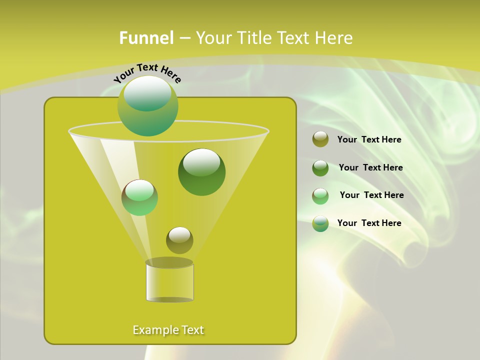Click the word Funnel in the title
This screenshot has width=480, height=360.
pyautogui.click(x=146, y=38)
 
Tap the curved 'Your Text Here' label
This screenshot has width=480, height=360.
pyautogui.click(x=147, y=72)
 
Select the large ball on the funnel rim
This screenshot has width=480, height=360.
pyautogui.click(x=148, y=105)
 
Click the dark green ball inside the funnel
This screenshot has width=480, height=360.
pyautogui.click(x=201, y=172)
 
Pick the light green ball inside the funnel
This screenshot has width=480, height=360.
pyautogui.click(x=139, y=197)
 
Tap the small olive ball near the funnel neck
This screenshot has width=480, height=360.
pyautogui.click(x=179, y=240)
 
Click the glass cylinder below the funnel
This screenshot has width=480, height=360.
pyautogui.click(x=169, y=281)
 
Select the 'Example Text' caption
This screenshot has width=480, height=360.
pyautogui.click(x=168, y=330)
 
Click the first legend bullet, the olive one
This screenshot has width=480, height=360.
pyautogui.click(x=320, y=139)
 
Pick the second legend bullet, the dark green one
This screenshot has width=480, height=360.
pyautogui.click(x=320, y=167)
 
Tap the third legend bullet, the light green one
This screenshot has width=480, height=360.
pyautogui.click(x=320, y=195)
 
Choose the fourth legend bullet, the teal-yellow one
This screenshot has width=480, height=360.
pyautogui.click(x=320, y=223)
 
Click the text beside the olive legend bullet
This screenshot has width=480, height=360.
pyautogui.click(x=369, y=140)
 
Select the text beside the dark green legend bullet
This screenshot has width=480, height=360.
pyautogui.click(x=370, y=168)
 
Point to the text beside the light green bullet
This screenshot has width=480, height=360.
pyautogui.click(x=371, y=195)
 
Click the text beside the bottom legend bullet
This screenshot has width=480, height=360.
pyautogui.click(x=369, y=223)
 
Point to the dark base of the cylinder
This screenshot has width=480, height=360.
pyautogui.click(x=169, y=299)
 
